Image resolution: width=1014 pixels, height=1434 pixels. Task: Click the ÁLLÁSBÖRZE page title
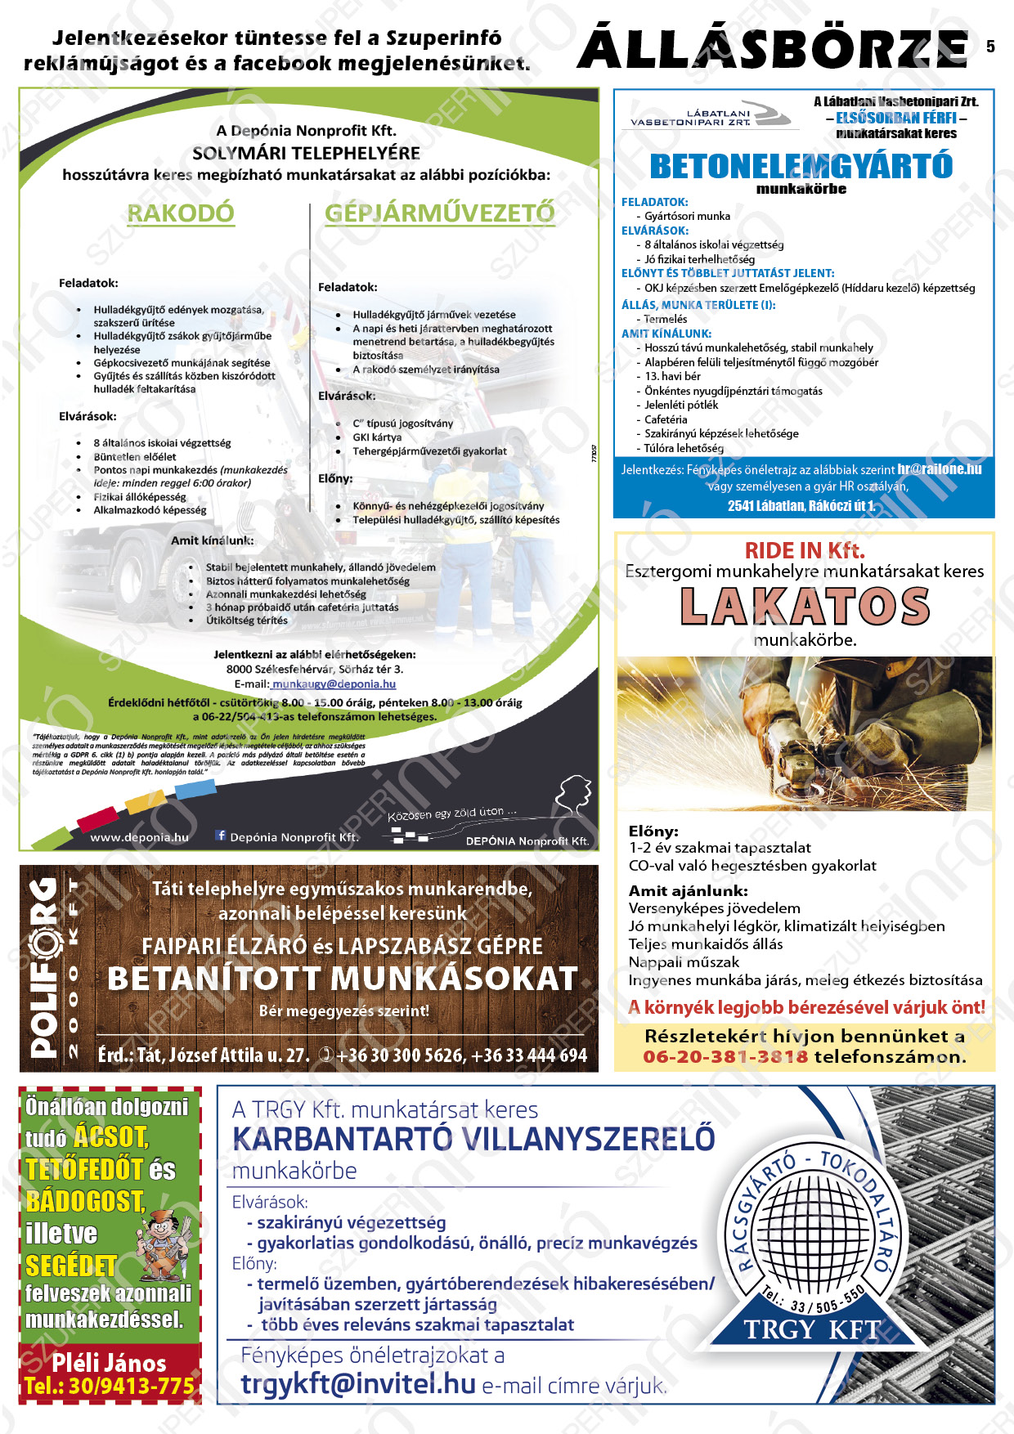[773, 49]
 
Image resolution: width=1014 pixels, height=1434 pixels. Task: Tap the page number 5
[990, 47]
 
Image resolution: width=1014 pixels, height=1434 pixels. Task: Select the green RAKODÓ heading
[181, 213]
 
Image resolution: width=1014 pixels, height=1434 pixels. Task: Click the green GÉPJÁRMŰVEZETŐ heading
[440, 213]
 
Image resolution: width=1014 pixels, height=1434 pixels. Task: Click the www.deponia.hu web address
[139, 837]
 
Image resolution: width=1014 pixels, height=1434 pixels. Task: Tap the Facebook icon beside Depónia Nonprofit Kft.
[220, 836]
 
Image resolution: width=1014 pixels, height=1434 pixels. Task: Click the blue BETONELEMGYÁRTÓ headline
[801, 166]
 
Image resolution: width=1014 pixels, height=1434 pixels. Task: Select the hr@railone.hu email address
[939, 469]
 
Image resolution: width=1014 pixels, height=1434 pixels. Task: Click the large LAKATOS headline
[805, 607]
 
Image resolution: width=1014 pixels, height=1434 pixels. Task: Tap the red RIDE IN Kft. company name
[804, 550]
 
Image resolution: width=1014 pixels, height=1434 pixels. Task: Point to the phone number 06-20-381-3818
[725, 1056]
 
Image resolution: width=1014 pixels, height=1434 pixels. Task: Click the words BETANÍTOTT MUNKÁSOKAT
[343, 979]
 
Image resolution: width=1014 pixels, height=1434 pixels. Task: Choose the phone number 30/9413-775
[109, 1386]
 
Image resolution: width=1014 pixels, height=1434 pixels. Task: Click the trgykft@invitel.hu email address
[358, 1383]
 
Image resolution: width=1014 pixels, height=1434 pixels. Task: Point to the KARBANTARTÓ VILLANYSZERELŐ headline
[473, 1139]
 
